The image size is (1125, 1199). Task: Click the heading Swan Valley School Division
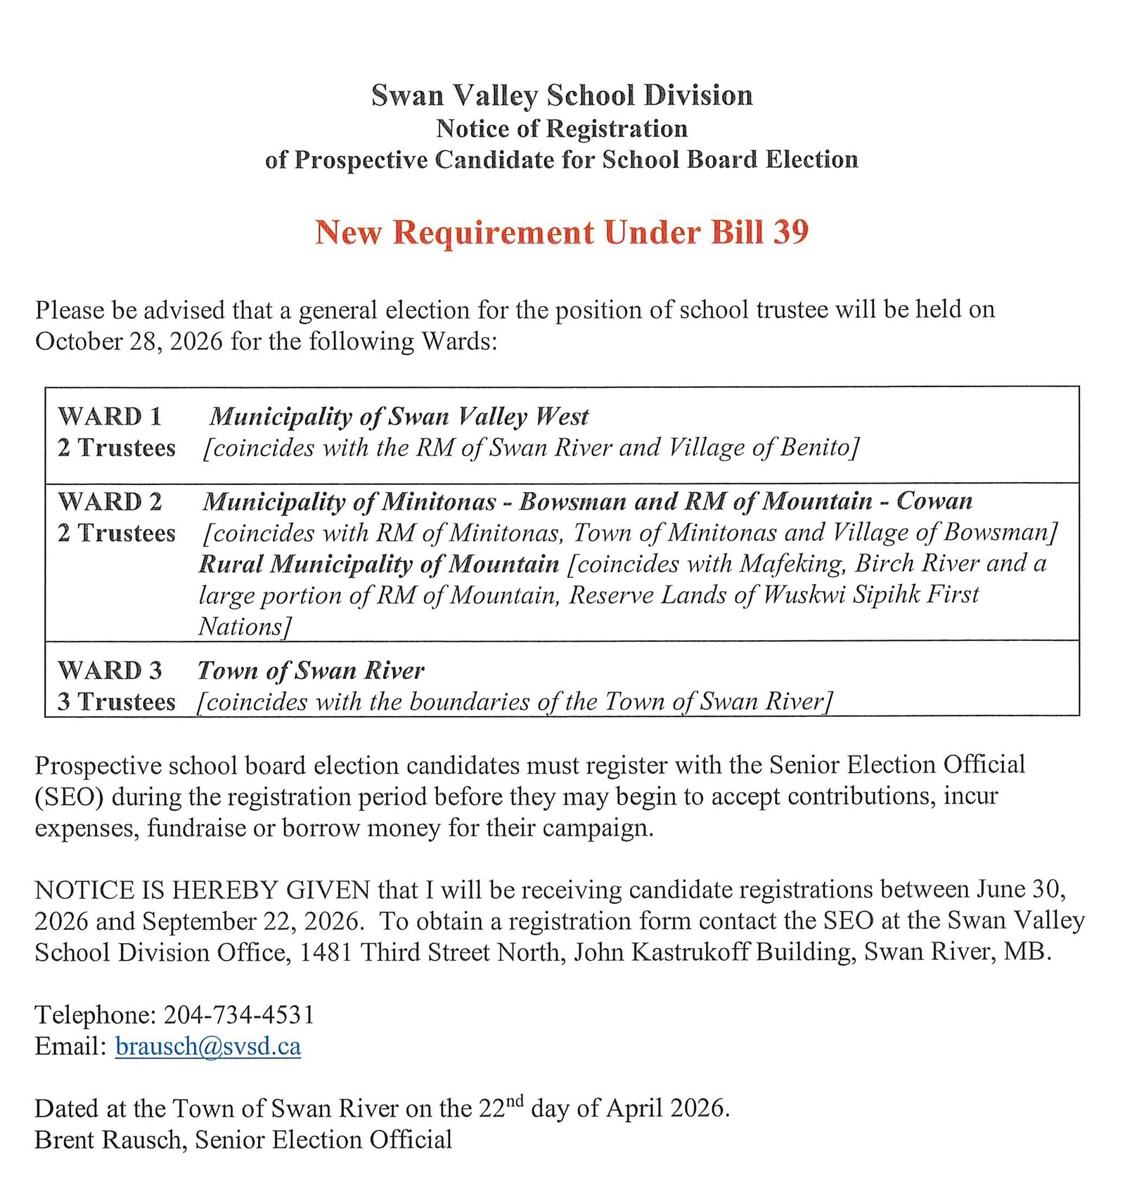pos(562,96)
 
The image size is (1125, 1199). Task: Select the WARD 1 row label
pos(110,417)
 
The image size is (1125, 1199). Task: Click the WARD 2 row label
pos(110,502)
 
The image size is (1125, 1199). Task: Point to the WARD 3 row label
pos(110,670)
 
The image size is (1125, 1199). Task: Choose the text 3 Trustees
pos(116,701)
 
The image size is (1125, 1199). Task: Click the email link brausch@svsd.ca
pos(208,1046)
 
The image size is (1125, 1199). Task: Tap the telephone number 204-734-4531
pos(239,1015)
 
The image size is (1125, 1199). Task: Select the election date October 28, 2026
pos(129,342)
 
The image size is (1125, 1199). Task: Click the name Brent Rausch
pos(109,1140)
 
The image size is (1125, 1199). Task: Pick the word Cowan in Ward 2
pos(934,501)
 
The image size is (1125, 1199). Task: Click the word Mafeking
pos(792,564)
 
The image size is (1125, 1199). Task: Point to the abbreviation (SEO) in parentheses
pos(70,797)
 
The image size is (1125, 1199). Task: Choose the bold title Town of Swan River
pos(311,670)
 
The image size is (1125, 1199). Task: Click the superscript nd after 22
pos(515,1101)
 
